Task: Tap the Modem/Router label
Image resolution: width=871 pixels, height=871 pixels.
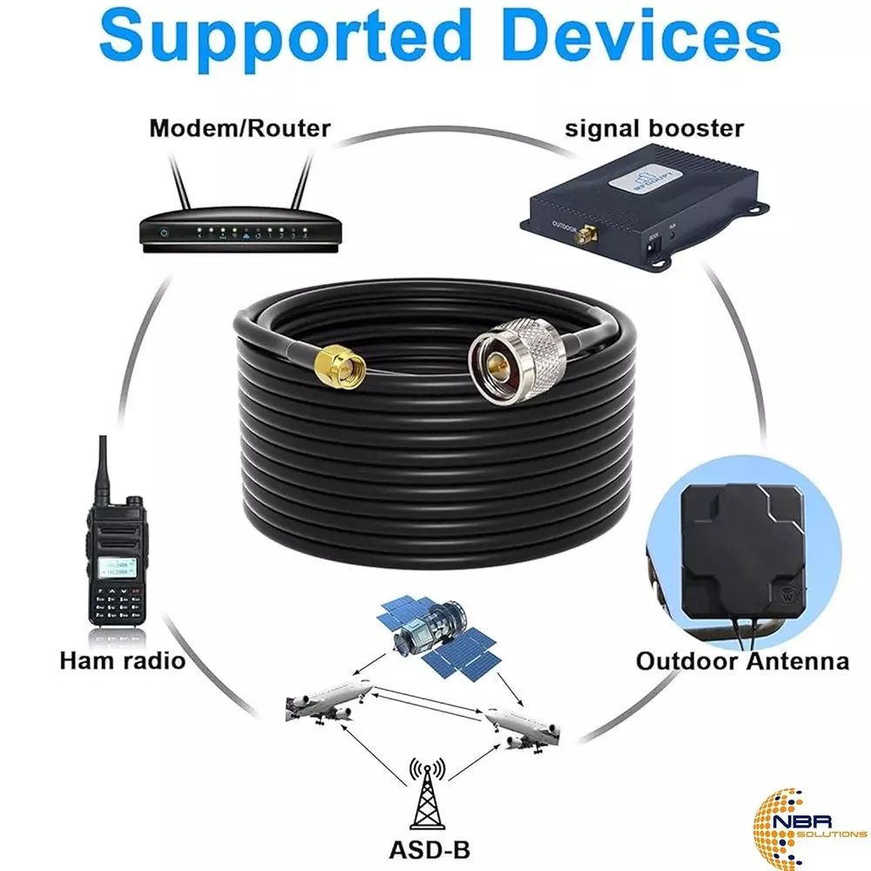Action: tap(240, 129)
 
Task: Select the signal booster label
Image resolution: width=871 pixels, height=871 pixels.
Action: tap(655, 129)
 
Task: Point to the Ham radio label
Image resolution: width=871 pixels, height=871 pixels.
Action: tap(123, 660)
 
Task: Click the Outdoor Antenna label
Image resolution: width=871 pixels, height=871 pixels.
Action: tap(742, 660)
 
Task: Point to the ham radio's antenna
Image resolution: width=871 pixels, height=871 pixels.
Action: tap(100, 470)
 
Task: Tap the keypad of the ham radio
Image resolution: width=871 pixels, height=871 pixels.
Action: tap(118, 602)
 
